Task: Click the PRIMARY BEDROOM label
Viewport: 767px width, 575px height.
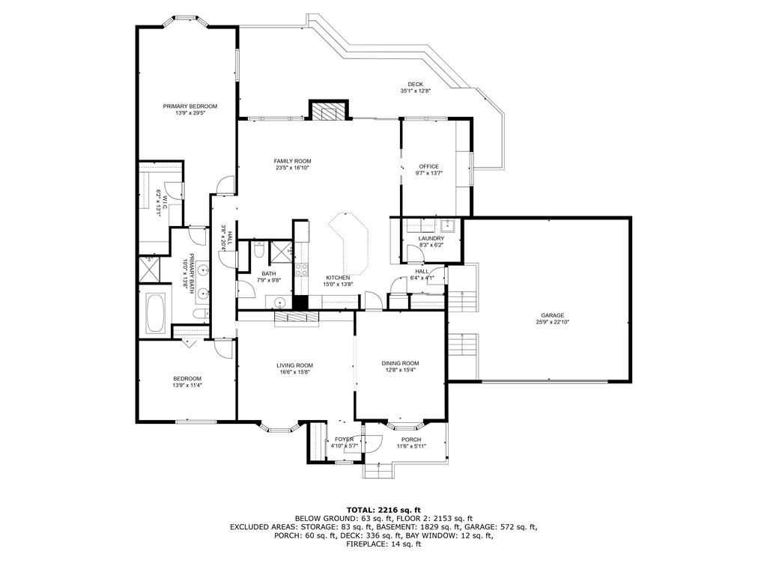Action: coord(190,106)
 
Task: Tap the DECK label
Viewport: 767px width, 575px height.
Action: coord(415,84)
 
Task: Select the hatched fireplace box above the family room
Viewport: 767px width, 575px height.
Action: coord(330,111)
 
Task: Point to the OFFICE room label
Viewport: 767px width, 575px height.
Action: coord(429,166)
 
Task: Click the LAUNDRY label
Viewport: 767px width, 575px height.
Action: coord(431,239)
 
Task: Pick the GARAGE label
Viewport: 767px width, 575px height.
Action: coord(553,315)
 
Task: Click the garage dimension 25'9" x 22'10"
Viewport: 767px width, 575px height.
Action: coord(553,322)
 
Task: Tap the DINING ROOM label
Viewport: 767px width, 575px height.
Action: coord(400,363)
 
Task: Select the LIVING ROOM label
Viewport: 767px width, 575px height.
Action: coord(294,365)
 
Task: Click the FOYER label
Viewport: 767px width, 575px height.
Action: coord(345,439)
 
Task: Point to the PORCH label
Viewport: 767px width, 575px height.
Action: coord(411,439)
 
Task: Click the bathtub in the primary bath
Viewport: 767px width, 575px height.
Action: coord(156,313)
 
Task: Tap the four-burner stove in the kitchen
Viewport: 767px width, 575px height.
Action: coord(301,269)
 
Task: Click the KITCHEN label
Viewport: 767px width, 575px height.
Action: coord(338,278)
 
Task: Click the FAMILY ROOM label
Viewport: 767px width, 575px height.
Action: coord(293,161)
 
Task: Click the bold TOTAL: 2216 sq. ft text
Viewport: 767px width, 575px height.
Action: coord(383,509)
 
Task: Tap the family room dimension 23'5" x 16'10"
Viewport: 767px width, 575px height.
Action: coord(293,168)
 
